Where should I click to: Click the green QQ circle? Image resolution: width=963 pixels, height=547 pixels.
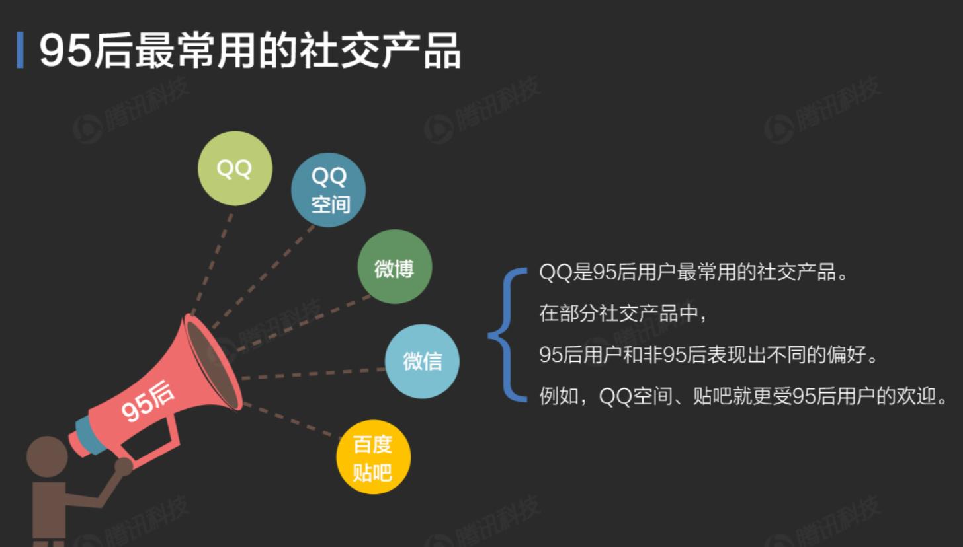(x=235, y=168)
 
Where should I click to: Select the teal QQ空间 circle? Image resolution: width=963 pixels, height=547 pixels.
(x=329, y=190)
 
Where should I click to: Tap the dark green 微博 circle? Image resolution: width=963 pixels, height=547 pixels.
(x=394, y=267)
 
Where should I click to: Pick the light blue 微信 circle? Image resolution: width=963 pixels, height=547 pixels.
(x=422, y=361)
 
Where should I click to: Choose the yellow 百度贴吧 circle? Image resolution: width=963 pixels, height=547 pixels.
(x=373, y=457)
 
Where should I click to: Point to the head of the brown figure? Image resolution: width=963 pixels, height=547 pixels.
(x=47, y=456)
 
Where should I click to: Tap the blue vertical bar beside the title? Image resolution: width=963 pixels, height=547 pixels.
(x=20, y=50)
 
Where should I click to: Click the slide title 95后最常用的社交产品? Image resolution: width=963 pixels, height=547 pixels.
(x=250, y=50)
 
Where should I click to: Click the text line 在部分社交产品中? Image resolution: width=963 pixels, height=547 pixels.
(x=623, y=313)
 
